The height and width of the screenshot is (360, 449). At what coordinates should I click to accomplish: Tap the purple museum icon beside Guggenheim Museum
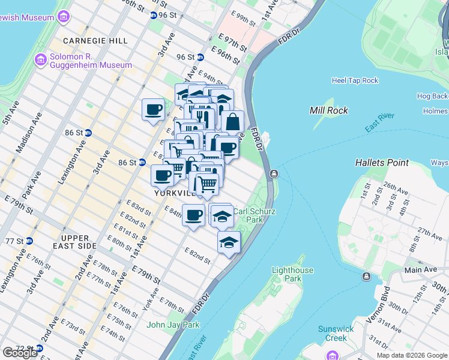40,60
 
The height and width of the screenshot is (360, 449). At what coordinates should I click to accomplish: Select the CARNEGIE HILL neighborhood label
97,41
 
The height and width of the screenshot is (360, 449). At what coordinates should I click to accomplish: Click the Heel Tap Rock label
355,80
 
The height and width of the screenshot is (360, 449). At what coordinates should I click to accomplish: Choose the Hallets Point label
382,163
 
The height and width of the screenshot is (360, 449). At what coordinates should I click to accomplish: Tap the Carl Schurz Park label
254,215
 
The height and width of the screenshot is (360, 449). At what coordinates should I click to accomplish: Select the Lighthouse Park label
292,274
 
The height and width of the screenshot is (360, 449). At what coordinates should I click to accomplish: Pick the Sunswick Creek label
337,334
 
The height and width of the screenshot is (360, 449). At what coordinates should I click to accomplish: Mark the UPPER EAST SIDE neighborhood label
75,242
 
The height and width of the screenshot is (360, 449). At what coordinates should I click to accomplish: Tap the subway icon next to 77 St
29,241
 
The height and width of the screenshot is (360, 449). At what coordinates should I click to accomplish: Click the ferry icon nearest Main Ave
366,276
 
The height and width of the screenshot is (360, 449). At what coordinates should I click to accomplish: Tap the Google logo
20,353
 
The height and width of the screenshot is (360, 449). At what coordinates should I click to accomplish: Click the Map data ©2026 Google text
411,355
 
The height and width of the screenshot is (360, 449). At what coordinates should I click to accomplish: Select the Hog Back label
433,96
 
